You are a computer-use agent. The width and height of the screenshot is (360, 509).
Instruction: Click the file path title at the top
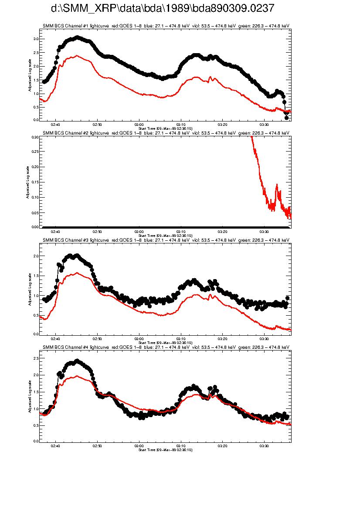pyautogui.click(x=163, y=8)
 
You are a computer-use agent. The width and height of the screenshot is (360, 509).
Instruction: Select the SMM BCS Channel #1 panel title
pyautogui.click(x=166, y=26)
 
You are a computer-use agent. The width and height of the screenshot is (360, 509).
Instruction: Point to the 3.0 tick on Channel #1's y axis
pyautogui.click(x=37, y=39)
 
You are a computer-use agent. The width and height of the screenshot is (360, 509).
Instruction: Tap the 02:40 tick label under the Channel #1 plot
pyautogui.click(x=55, y=124)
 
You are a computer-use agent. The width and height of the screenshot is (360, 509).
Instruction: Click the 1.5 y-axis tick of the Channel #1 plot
pyautogui.click(x=37, y=80)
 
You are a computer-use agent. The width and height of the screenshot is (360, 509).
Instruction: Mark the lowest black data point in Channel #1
pyautogui.click(x=286, y=118)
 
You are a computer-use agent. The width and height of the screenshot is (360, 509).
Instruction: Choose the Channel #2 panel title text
pyautogui.click(x=166, y=133)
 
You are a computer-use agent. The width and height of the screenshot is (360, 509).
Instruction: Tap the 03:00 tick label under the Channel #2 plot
pyautogui.click(x=139, y=231)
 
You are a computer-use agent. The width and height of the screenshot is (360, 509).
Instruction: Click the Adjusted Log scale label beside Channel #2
pyautogui.click(x=27, y=182)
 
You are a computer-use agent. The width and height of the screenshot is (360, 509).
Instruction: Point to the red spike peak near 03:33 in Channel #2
pyautogui.click(x=277, y=185)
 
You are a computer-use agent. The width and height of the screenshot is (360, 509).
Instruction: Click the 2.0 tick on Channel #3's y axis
pyautogui.click(x=37, y=256)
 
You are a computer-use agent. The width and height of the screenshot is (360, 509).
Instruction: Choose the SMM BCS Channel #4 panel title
pyautogui.click(x=166, y=347)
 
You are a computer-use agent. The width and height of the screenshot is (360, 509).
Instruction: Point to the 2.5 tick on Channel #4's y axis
pyautogui.click(x=37, y=358)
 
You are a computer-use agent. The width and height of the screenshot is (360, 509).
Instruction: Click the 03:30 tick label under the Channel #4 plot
pyautogui.click(x=264, y=445)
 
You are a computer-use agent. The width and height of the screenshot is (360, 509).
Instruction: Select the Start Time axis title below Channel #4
pyautogui.click(x=165, y=450)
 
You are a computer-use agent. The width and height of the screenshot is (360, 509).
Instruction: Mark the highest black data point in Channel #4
pyautogui.click(x=77, y=361)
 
